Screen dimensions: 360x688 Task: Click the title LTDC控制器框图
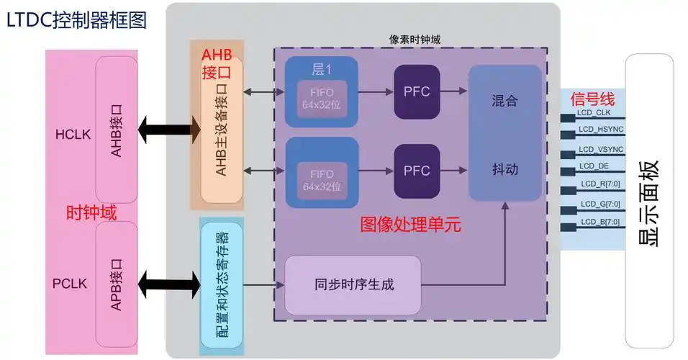point(76,20)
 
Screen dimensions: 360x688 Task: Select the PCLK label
point(71,283)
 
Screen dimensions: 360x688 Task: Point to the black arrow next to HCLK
point(169,130)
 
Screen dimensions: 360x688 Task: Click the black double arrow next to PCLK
point(169,283)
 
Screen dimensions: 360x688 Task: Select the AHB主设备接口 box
point(222,130)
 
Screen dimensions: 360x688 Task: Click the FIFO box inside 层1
point(322,101)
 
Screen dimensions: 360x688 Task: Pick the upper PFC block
point(416,91)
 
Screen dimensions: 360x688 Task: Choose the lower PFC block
point(416,171)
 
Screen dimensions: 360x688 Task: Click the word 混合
point(504,101)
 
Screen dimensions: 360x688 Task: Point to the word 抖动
point(504,170)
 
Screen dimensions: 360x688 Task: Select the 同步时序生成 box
point(353,284)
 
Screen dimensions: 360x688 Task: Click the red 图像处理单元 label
point(410,224)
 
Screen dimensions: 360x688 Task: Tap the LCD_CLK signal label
point(595,112)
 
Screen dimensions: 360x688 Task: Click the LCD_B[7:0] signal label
point(597,222)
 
